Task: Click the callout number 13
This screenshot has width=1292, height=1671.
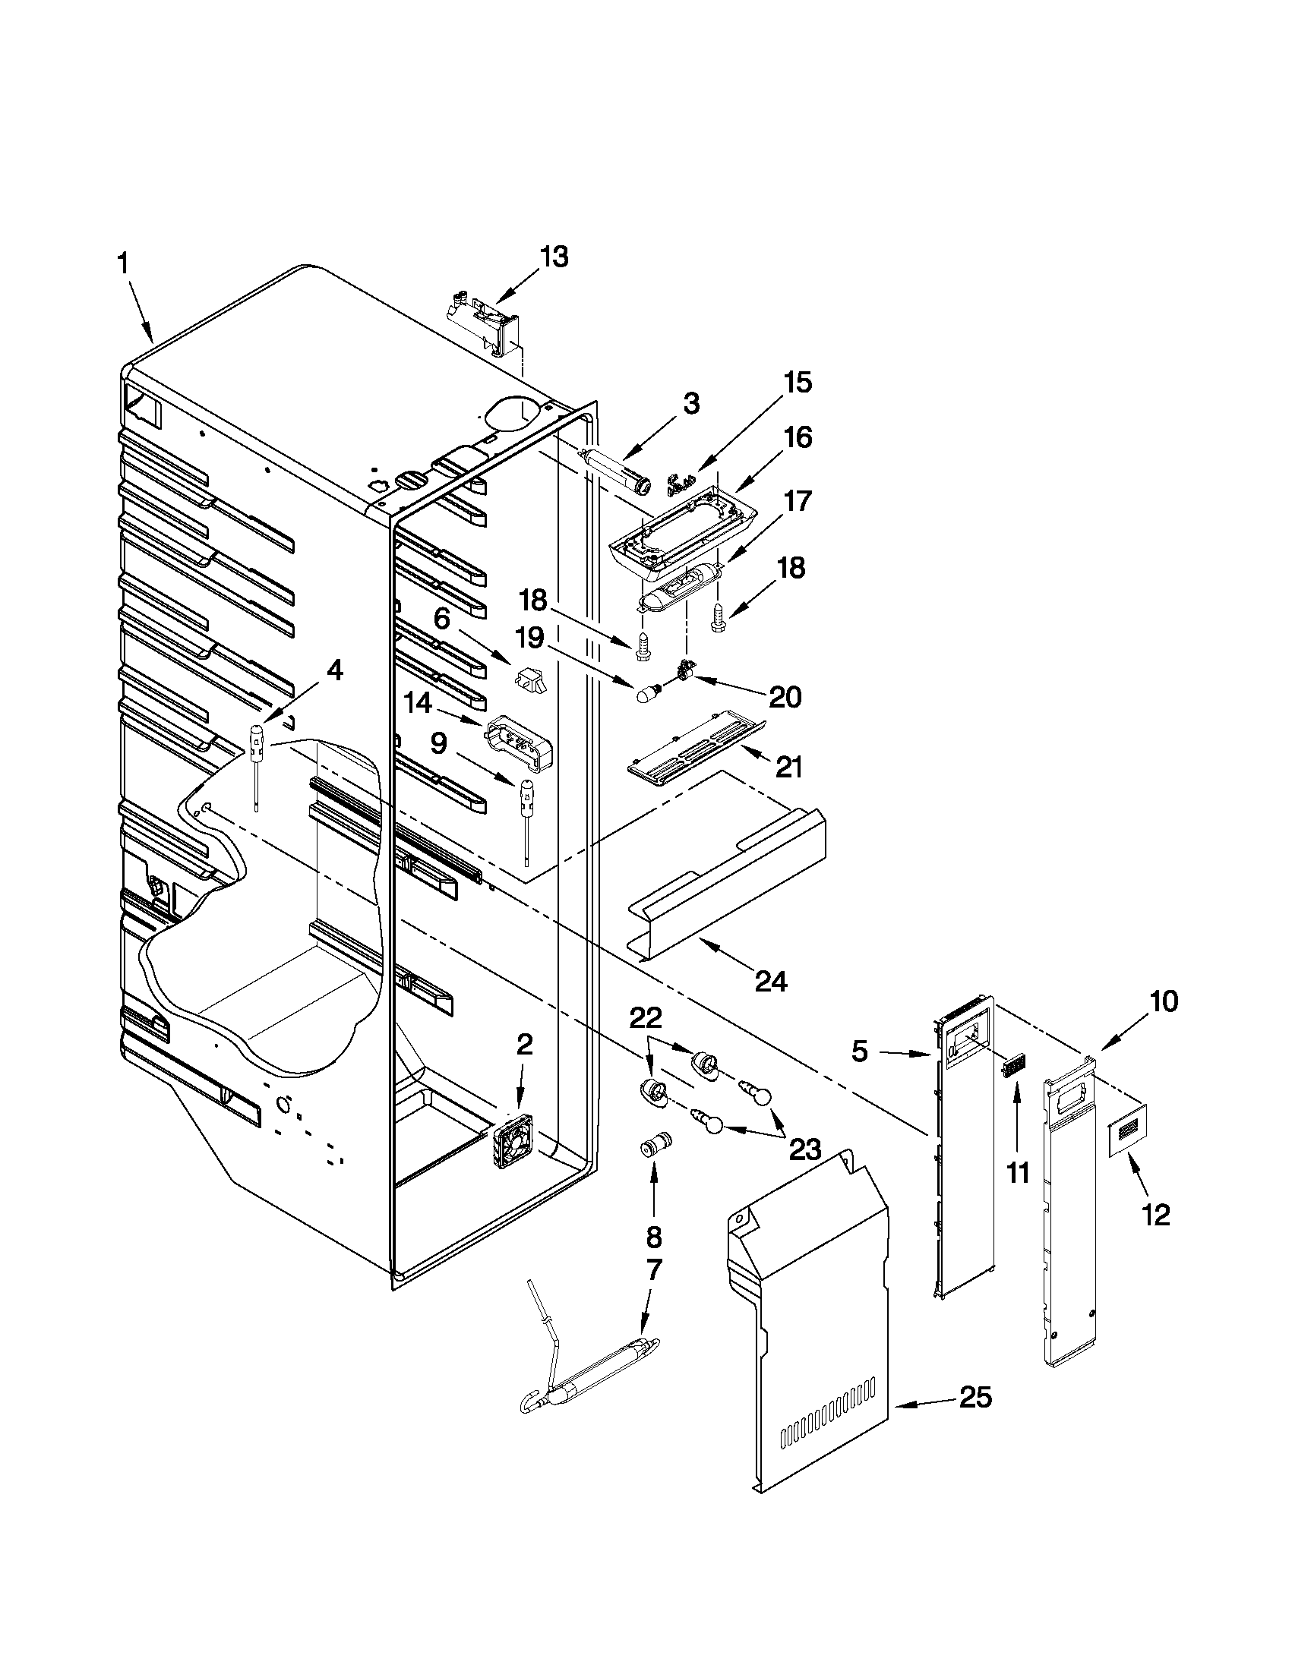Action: pyautogui.click(x=554, y=257)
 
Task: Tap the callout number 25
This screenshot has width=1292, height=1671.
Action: pyautogui.click(x=975, y=1398)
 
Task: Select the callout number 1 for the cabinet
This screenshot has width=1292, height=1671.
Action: pyautogui.click(x=122, y=265)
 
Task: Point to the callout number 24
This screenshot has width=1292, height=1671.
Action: pyautogui.click(x=770, y=980)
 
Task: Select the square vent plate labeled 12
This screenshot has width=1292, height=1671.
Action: pyautogui.click(x=1128, y=1129)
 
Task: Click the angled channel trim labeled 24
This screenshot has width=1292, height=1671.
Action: pyautogui.click(x=727, y=880)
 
